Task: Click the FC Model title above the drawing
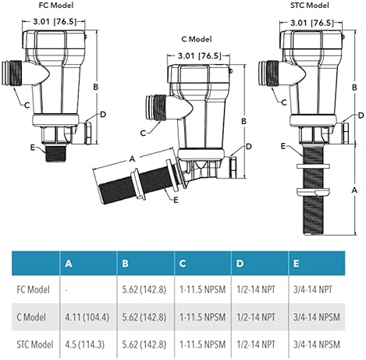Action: click(56, 5)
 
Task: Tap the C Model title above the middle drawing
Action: click(197, 39)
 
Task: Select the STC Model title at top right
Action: click(310, 5)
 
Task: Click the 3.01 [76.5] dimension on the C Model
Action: click(200, 55)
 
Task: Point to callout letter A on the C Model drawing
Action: click(132, 159)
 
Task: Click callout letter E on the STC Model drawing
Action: click(283, 146)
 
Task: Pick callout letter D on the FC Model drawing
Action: click(103, 114)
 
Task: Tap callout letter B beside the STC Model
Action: click(354, 87)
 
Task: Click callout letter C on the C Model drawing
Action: click(143, 133)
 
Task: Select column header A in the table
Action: click(69, 264)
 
